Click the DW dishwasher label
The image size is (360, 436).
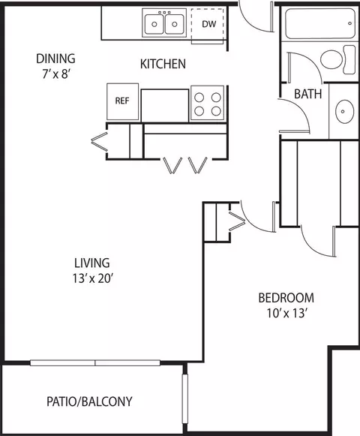pyautogui.click(x=209, y=24)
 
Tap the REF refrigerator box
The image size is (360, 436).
pyautogui.click(x=122, y=102)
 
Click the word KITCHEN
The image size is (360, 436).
pyautogui.click(x=163, y=64)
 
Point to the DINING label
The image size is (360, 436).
pyautogui.click(x=55, y=59)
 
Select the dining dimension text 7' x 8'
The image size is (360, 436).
pyautogui.click(x=55, y=74)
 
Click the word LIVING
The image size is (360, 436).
pyautogui.click(x=92, y=263)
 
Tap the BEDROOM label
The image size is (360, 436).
pyautogui.click(x=286, y=298)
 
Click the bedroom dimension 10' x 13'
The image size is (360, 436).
pyautogui.click(x=287, y=313)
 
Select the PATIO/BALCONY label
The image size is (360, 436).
pyautogui.click(x=89, y=401)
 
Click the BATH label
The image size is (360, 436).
pyautogui.click(x=308, y=94)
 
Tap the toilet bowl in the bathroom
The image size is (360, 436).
pyautogui.click(x=331, y=59)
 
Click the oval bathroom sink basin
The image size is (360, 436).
pyautogui.click(x=345, y=111)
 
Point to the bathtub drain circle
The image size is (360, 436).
pyautogui.click(x=350, y=23)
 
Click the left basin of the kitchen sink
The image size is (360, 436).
pyautogui.click(x=154, y=24)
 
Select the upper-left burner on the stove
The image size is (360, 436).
pyautogui.click(x=199, y=98)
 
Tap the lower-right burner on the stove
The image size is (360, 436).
pyautogui.click(x=216, y=111)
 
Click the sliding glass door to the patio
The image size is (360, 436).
pyautogui.click(x=95, y=363)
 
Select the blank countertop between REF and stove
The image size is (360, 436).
pyautogui.click(x=165, y=106)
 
